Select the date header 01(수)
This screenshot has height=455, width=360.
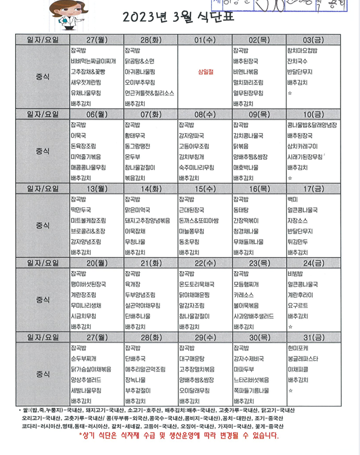click(x=205, y=39)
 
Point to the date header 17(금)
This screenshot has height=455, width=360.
click(x=313, y=188)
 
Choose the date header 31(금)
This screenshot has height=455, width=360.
click(x=313, y=338)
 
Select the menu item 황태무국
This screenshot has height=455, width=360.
click(x=136, y=136)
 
